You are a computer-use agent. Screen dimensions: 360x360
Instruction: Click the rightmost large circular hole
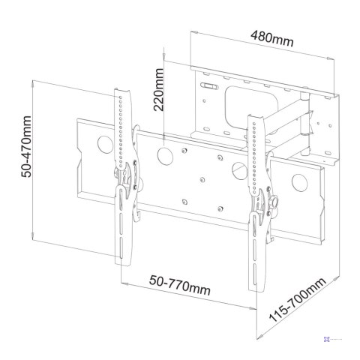pyautogui.click(x=299, y=181)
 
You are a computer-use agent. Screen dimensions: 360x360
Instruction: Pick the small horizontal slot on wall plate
pyautogui.click(x=211, y=90)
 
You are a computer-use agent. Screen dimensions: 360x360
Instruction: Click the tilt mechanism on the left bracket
pyautogui.click(x=124, y=177)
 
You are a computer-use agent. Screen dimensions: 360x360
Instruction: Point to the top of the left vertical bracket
pyautogui.click(x=123, y=94)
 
